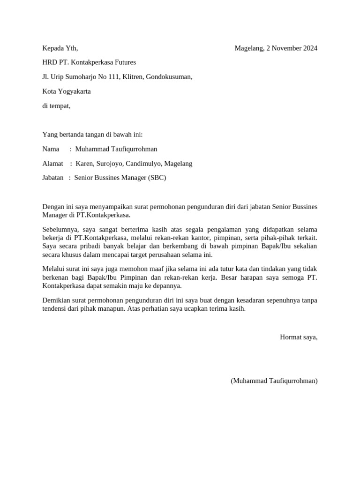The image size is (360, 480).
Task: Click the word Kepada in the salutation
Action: click(x=52, y=48)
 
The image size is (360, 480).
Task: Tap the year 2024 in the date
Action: click(x=309, y=48)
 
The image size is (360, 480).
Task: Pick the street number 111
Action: click(x=113, y=77)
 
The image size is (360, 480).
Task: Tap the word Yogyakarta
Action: click(x=74, y=91)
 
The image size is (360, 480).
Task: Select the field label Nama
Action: click(x=51, y=149)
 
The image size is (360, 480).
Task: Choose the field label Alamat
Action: click(x=52, y=164)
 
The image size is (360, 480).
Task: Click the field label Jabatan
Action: click(x=53, y=178)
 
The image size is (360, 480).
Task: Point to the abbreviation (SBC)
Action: click(x=157, y=178)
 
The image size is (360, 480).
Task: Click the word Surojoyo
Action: click(x=111, y=164)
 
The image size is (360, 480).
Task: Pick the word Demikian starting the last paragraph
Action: click(x=56, y=300)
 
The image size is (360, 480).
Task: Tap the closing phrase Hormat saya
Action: click(x=299, y=337)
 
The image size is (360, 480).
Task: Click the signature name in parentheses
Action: click(x=274, y=381)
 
